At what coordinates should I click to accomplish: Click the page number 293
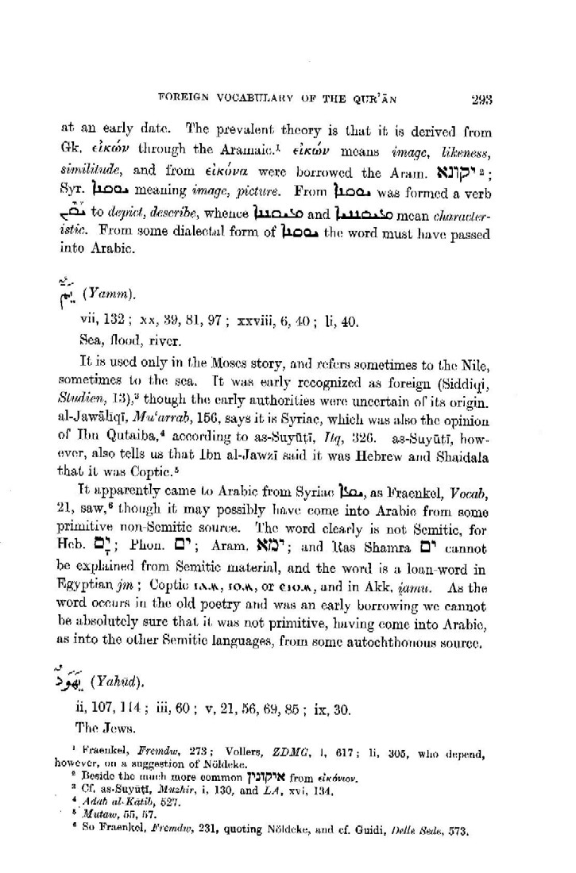point(481,100)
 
